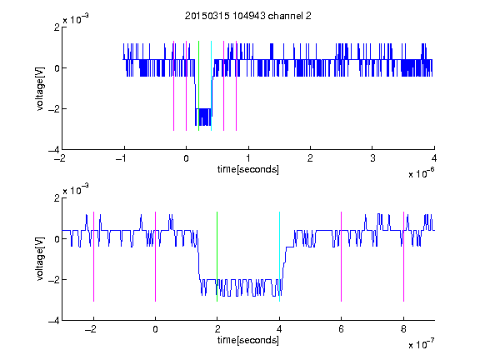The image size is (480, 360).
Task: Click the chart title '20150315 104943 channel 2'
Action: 248,16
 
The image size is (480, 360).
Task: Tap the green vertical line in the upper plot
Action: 198,86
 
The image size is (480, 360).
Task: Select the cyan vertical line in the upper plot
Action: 211,86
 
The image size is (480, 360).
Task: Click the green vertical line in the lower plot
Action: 217,257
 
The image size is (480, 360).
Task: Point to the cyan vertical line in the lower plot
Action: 279,257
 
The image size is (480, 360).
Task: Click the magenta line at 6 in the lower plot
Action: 342,257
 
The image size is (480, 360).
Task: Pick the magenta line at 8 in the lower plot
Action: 404,257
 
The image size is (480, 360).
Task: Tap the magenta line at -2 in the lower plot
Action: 93,257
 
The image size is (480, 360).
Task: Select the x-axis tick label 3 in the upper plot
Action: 372,158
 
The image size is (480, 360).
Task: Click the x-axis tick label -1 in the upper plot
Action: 122,158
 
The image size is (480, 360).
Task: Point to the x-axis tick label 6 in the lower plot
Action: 342,329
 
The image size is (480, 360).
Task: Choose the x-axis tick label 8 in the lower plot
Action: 403,329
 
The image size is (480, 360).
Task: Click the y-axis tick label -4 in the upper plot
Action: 54,150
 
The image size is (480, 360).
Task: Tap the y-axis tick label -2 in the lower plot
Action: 54,279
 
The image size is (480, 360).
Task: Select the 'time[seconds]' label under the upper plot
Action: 248,169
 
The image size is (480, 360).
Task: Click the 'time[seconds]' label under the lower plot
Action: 248,340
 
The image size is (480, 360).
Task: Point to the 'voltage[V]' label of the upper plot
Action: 40,88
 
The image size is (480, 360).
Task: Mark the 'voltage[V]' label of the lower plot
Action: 40,258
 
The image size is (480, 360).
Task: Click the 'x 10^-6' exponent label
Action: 421,173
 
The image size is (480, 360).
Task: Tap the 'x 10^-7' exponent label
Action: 421,344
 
